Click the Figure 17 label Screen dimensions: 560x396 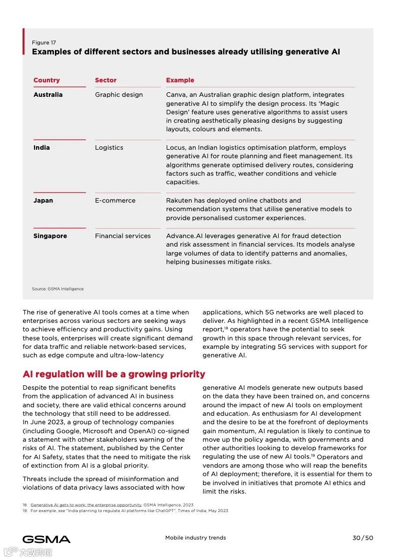pyautogui.click(x=44, y=42)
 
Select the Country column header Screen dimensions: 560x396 pyautogui.click(x=46, y=80)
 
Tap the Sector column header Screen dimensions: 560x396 pyautogui.click(x=105, y=80)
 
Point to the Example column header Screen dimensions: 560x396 pyautogui.click(x=180, y=80)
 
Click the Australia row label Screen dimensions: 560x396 pyautogui.click(x=48, y=95)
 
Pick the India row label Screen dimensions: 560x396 pyautogui.click(x=41, y=148)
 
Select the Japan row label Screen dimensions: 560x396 pyautogui.click(x=43, y=201)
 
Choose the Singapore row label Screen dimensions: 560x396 pyautogui.click(x=50, y=236)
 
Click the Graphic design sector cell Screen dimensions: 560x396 pyautogui.click(x=119, y=95)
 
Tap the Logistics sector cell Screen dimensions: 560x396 pyautogui.click(x=109, y=148)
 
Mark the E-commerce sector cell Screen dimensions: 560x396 pyautogui.click(x=115, y=201)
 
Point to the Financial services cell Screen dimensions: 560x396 pyautogui.click(x=123, y=236)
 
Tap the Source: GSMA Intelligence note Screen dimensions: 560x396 pyautogui.click(x=58, y=289)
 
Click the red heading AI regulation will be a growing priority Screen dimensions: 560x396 pyautogui.click(x=114, y=374)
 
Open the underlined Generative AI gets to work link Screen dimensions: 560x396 pyautogui.click(x=86, y=505)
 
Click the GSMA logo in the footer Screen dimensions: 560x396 pyautogui.click(x=46, y=539)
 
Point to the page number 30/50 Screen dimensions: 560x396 pyautogui.click(x=363, y=538)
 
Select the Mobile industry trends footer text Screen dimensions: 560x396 pyautogui.click(x=195, y=538)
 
